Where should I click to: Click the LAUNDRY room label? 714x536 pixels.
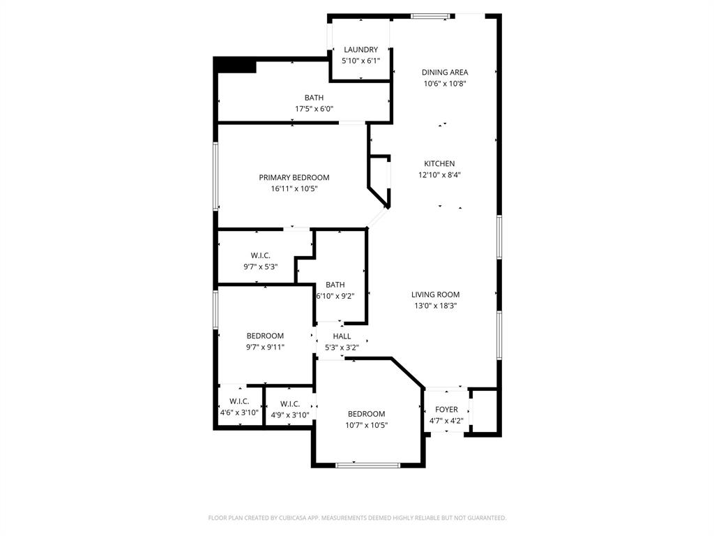click(x=360, y=50)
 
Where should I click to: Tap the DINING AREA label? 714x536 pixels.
click(x=445, y=72)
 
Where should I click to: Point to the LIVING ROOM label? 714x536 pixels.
click(x=435, y=295)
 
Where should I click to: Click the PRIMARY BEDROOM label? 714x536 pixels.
click(x=294, y=177)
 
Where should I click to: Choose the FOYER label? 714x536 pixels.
click(x=446, y=410)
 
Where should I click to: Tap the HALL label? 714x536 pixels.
click(x=342, y=336)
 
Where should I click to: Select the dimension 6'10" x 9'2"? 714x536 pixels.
click(x=335, y=296)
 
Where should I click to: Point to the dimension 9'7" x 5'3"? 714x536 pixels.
click(x=260, y=267)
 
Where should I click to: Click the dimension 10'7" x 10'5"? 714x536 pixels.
click(x=366, y=425)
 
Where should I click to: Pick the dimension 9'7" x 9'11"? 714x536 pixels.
click(x=264, y=347)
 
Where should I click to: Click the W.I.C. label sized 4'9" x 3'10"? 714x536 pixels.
click(x=290, y=403)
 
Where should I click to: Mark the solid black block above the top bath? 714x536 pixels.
click(x=235, y=65)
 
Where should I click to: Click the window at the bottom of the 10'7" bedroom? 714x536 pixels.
click(x=358, y=464)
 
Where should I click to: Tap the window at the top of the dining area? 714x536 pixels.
click(x=430, y=16)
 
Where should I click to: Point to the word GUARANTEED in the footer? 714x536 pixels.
click(x=484, y=518)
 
